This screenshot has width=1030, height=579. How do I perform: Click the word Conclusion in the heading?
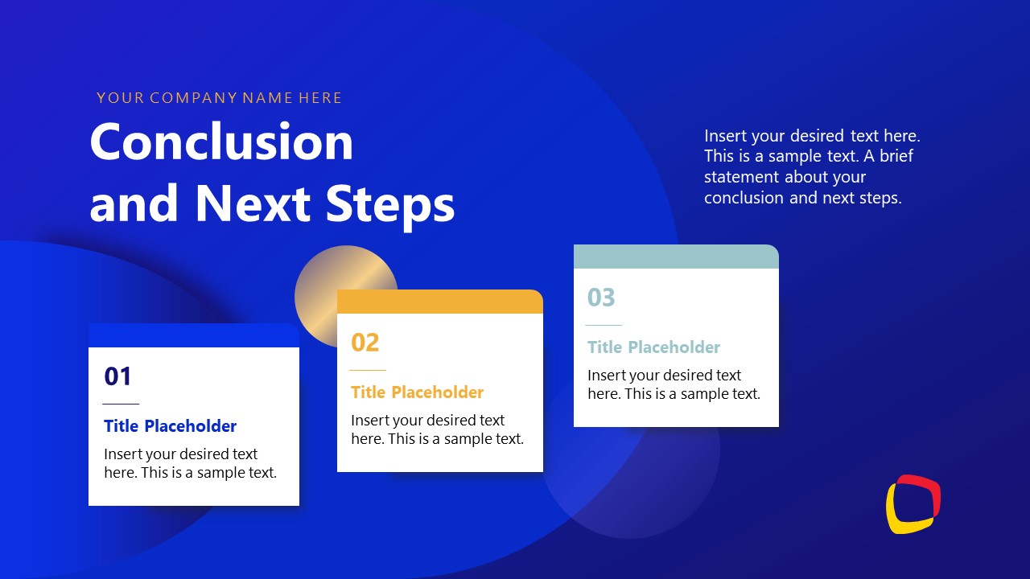point(221,142)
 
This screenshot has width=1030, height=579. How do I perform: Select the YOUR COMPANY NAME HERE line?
point(220,98)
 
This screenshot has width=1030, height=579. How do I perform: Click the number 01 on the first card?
point(117,376)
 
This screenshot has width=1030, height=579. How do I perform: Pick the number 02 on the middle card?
point(365,343)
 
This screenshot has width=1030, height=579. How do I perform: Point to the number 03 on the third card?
point(601,298)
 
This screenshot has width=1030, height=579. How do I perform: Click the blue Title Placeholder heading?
point(170,426)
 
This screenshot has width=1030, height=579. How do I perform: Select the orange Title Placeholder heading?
point(417,392)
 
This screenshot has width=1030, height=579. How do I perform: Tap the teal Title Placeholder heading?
point(653,347)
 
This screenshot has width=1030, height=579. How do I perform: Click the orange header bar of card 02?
point(440,302)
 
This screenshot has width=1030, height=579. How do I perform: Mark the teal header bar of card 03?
point(676,257)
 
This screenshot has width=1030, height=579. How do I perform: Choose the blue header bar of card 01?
point(193,335)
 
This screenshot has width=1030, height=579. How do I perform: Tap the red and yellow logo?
point(913,504)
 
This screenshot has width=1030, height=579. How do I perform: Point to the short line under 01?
point(121,404)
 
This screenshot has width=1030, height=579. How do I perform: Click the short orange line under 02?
point(368,370)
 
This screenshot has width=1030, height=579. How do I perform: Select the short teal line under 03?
point(604,325)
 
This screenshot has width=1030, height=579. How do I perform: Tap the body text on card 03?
point(674,384)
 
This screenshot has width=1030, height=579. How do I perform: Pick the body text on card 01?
point(190,463)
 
